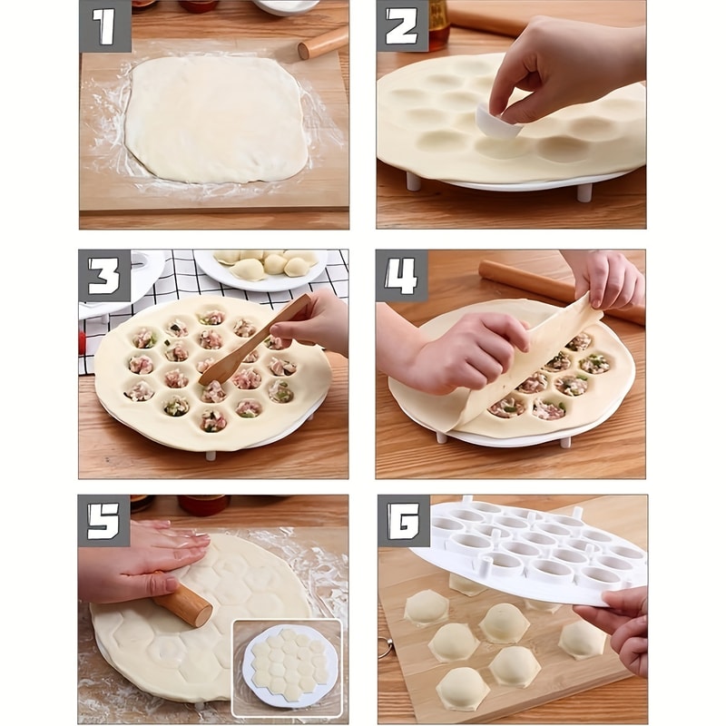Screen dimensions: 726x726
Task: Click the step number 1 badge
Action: (104, 26)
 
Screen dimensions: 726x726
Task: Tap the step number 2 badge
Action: (402, 26)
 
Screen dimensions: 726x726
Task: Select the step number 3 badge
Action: (104, 276)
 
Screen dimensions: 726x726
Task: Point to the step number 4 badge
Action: (402, 276)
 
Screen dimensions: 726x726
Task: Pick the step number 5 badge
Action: (104, 521)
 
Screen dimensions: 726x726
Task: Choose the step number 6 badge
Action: (403, 521)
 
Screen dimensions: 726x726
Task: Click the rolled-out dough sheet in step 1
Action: (216, 118)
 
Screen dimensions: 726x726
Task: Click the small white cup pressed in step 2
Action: (498, 123)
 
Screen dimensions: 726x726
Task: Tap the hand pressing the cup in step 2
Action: (563, 73)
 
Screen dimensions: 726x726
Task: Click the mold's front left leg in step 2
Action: (413, 181)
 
